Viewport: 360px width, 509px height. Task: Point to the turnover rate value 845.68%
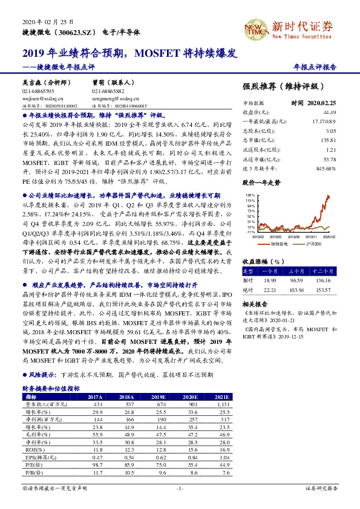(326, 169)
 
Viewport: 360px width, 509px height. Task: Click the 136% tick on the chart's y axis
(250, 196)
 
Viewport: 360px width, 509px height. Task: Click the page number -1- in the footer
(180, 487)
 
